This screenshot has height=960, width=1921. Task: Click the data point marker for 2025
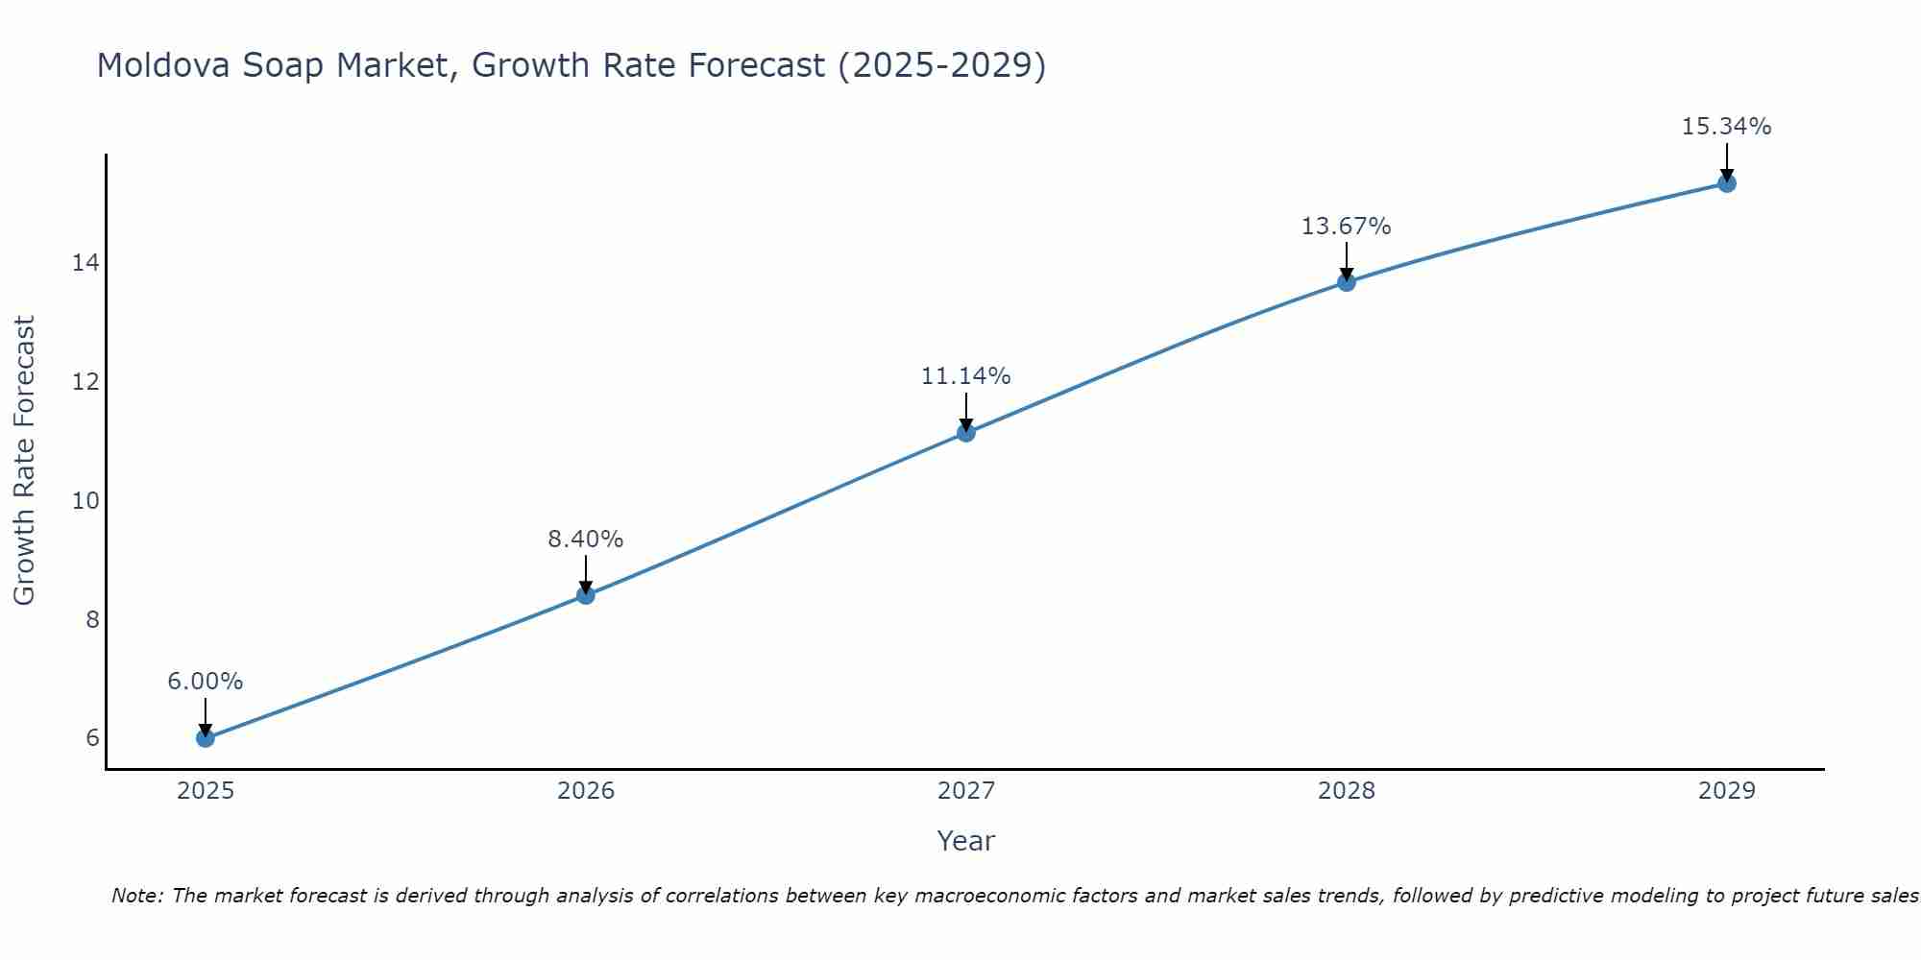tap(205, 737)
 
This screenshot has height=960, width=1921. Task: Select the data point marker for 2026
tap(586, 595)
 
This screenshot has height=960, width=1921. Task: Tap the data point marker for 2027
tap(966, 433)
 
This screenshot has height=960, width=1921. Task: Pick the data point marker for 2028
tap(1347, 282)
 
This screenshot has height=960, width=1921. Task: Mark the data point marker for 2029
tap(1727, 183)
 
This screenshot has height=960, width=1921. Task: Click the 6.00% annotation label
tap(205, 682)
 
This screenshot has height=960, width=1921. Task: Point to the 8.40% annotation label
tap(586, 540)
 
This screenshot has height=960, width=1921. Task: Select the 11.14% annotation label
tap(966, 376)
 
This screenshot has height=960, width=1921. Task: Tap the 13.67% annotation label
tap(1347, 227)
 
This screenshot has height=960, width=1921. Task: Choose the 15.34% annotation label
tap(1727, 127)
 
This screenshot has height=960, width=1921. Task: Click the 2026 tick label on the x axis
tap(586, 791)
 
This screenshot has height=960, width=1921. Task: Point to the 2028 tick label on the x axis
tap(1347, 791)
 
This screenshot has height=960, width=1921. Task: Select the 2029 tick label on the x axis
tap(1727, 791)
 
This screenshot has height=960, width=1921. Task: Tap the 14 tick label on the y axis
tap(85, 263)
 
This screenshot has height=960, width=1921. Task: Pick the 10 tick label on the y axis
tap(85, 500)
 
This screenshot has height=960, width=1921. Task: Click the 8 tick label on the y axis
tap(92, 619)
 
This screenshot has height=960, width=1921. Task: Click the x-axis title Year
tap(966, 841)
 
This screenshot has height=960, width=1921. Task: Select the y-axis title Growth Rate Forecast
tap(24, 461)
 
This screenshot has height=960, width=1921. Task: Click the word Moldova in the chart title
tap(162, 65)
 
